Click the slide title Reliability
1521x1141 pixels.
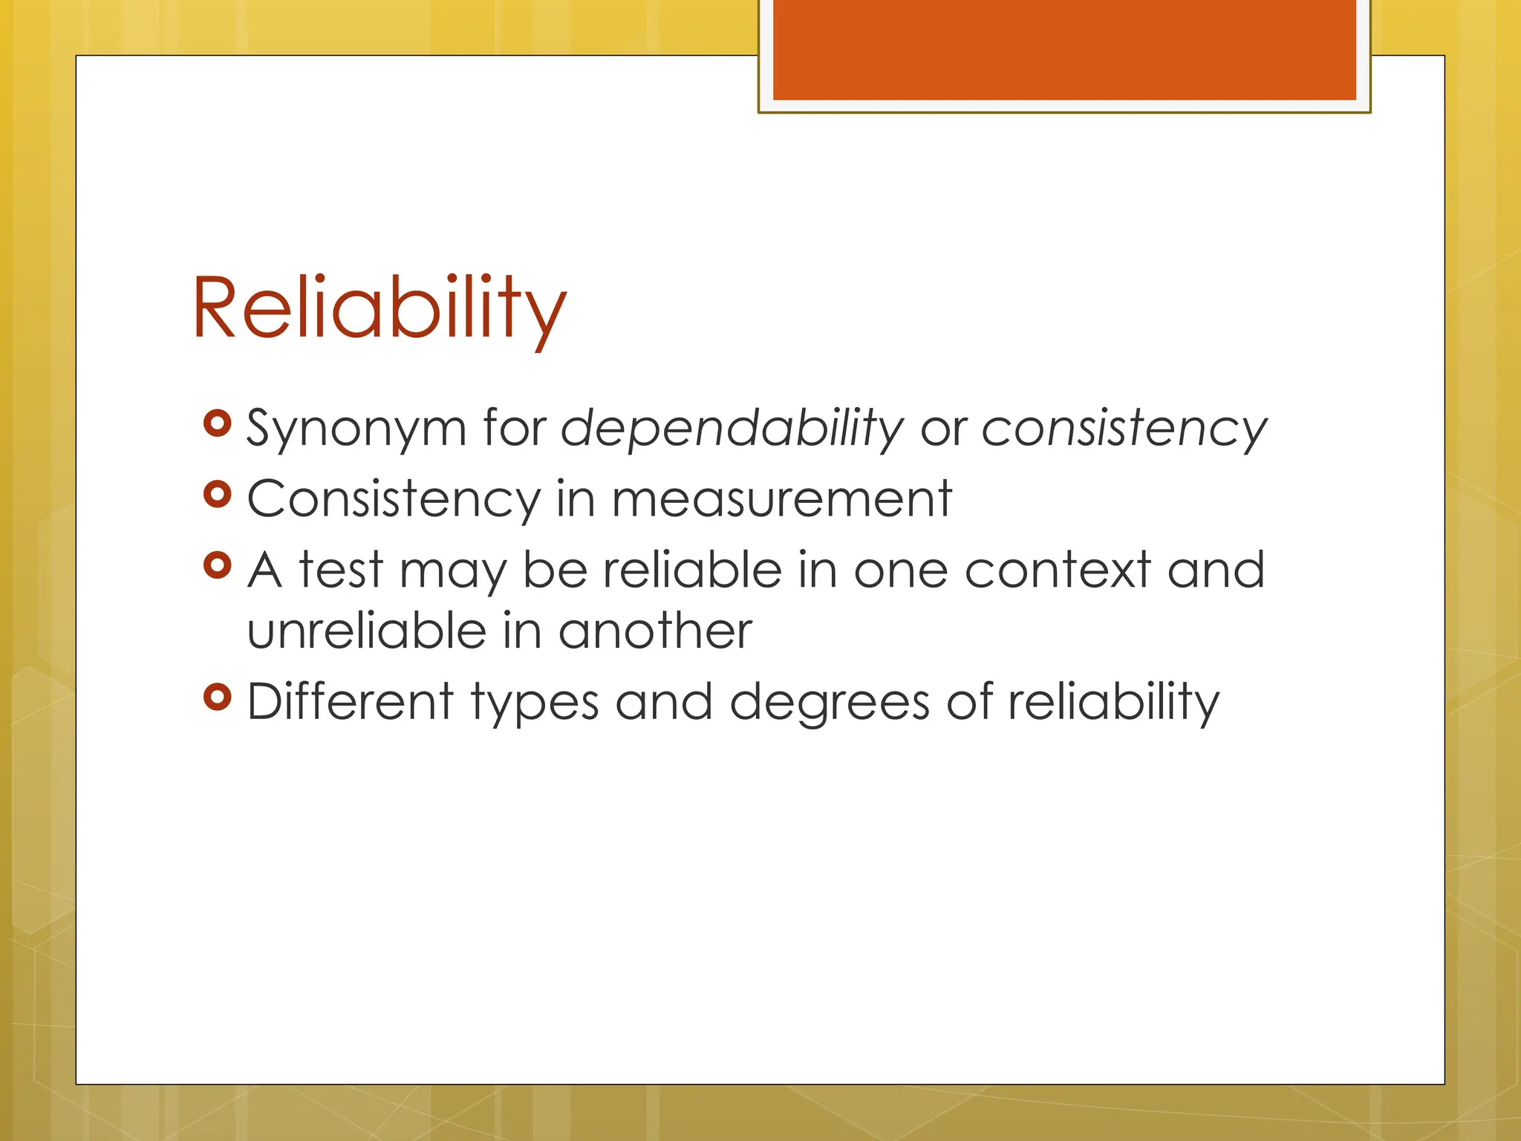[x=379, y=308]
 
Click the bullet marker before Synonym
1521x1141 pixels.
[x=217, y=423]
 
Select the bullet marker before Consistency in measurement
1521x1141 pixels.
[x=217, y=494]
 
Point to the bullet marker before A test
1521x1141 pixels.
[x=217, y=565]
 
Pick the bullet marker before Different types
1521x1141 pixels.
[x=217, y=697]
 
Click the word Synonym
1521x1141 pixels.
[x=356, y=429]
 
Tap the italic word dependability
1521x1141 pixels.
[x=732, y=429]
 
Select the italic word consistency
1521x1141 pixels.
[x=1124, y=429]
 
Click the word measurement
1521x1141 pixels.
[x=781, y=499]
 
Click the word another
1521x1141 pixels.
[x=655, y=631]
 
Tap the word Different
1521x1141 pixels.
[x=350, y=702]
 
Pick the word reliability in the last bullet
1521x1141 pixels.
[x=1113, y=702]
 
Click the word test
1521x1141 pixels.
[x=341, y=570]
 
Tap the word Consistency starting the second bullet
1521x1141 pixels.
[x=394, y=499]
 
